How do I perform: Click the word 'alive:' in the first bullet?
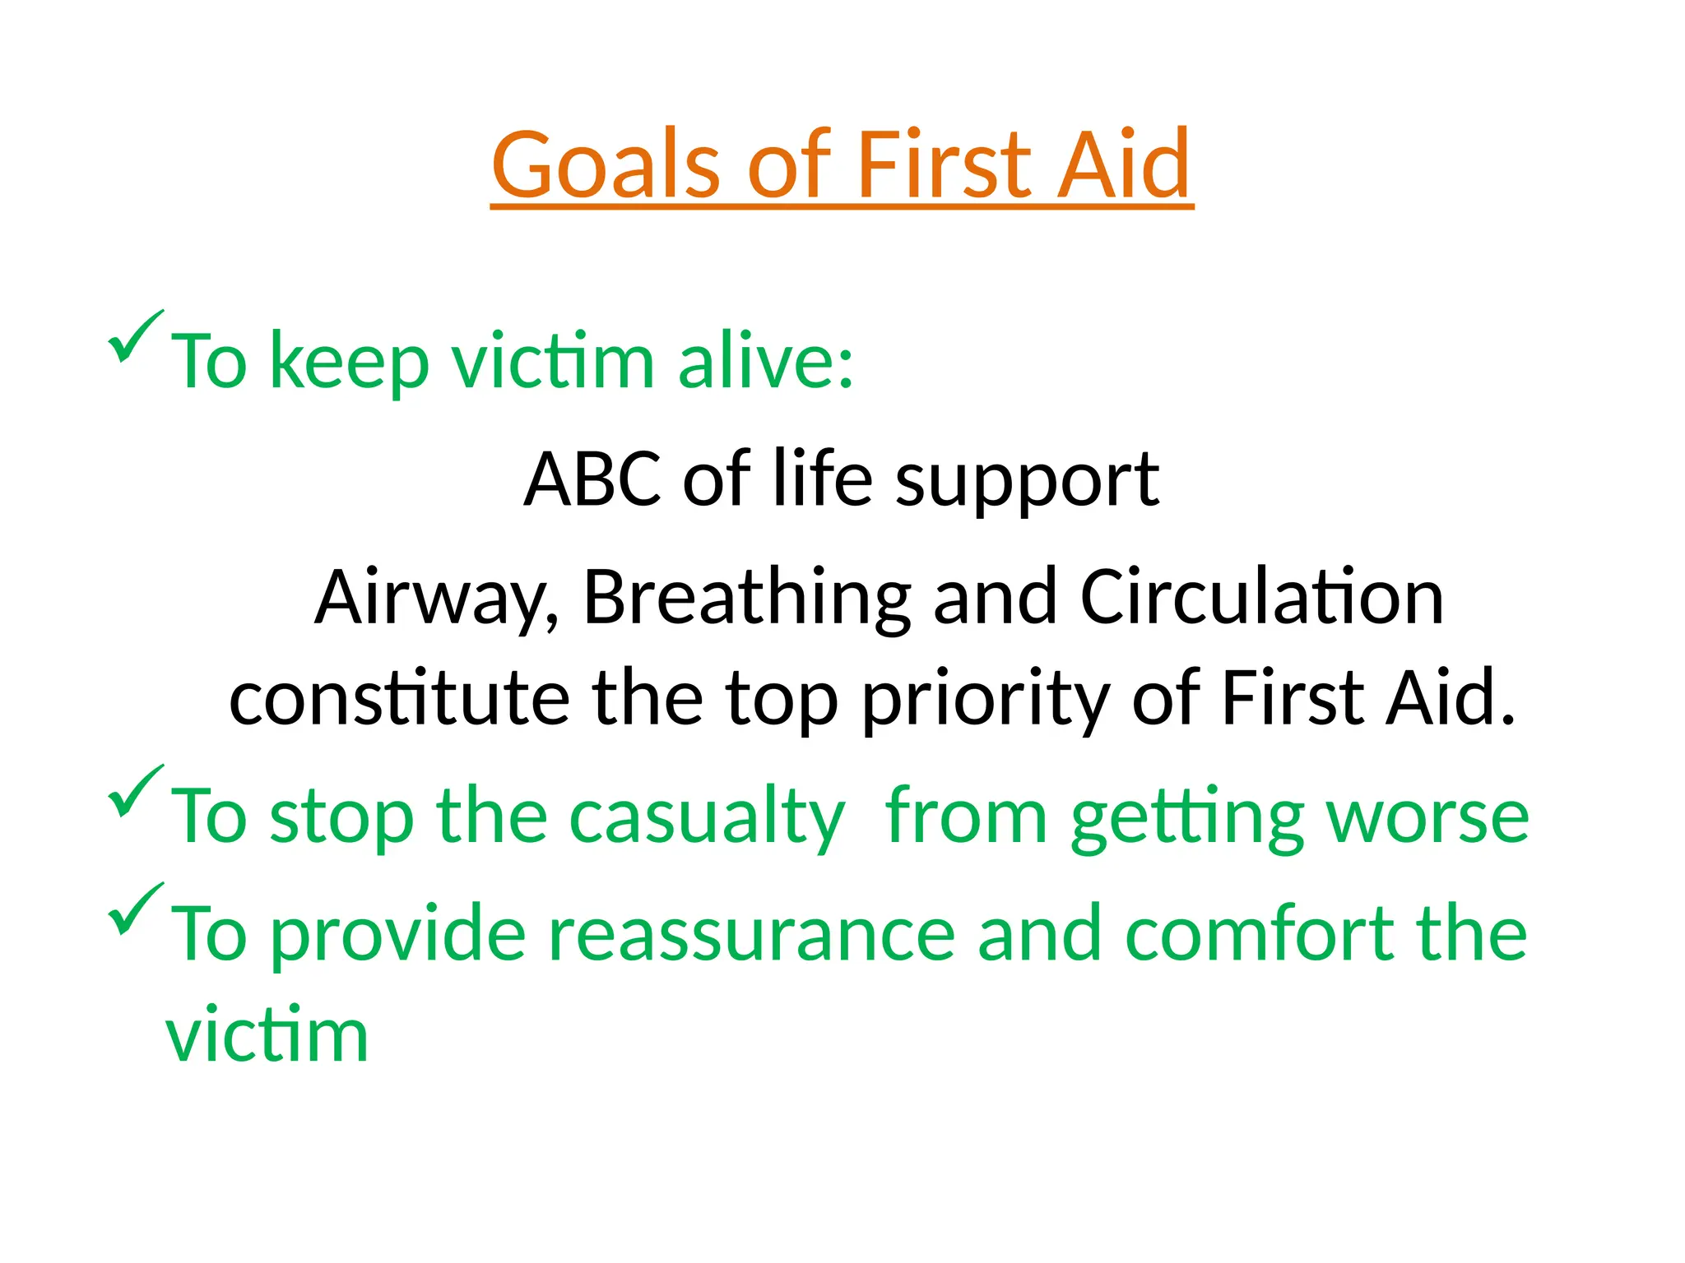(x=765, y=361)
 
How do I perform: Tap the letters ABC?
(x=592, y=479)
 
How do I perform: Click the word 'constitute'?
(x=399, y=698)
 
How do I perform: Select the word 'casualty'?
(x=707, y=817)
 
